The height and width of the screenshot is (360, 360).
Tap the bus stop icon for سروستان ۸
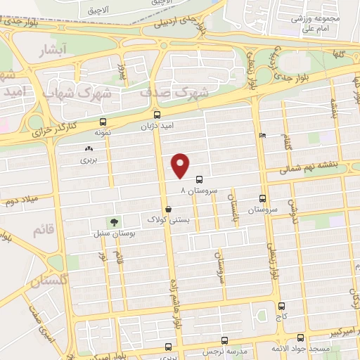coord(199,179)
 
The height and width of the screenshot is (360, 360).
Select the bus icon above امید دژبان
coord(157,113)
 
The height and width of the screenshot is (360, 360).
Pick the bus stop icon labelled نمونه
coord(103,121)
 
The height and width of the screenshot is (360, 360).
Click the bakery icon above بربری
coord(89,148)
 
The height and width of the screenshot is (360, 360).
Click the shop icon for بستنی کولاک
coord(168,209)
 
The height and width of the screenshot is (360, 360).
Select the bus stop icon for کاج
coord(282,307)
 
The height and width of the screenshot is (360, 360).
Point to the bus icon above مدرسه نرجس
coord(168,347)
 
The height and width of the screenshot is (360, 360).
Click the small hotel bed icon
coord(262,135)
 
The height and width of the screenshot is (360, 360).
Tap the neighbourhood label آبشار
coord(53,51)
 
